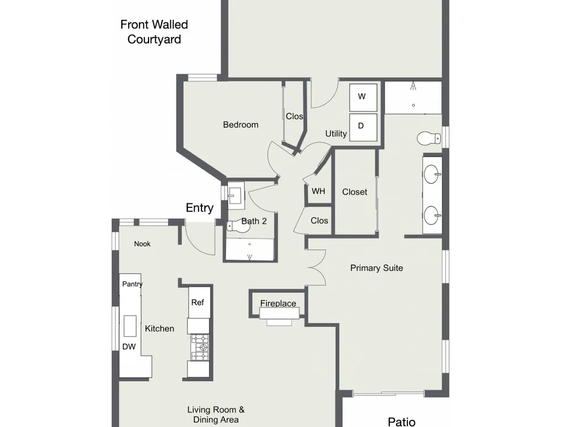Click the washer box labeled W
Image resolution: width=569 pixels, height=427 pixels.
coord(363,97)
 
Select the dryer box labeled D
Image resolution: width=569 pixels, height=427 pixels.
coord(363,127)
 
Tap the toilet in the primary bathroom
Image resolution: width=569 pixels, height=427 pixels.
coord(429,138)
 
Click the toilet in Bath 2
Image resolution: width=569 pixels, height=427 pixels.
coord(238,227)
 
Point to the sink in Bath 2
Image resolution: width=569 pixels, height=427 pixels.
coord(236,196)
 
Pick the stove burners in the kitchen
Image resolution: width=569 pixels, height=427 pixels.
coord(200,347)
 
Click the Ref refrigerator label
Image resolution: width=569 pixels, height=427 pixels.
coord(197,302)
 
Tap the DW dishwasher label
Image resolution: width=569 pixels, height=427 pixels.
coord(129,347)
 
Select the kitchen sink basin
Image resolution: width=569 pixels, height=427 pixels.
coord(130,326)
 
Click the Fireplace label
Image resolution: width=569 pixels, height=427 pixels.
coord(278,303)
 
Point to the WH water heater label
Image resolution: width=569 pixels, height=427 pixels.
coord(318,191)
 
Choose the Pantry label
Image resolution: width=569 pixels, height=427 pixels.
coord(132,284)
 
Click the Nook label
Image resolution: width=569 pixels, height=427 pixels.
coord(142,244)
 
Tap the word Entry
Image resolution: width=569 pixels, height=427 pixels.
coord(199,208)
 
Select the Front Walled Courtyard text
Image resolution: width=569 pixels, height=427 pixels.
coord(154,32)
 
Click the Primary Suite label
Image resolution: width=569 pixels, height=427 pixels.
coord(377,268)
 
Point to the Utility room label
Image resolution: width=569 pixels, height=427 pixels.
coord(336,134)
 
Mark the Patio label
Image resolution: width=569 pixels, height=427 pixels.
coord(402,421)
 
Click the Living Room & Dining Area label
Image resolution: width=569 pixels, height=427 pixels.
coord(216,414)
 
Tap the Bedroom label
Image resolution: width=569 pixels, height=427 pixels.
coord(241,125)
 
